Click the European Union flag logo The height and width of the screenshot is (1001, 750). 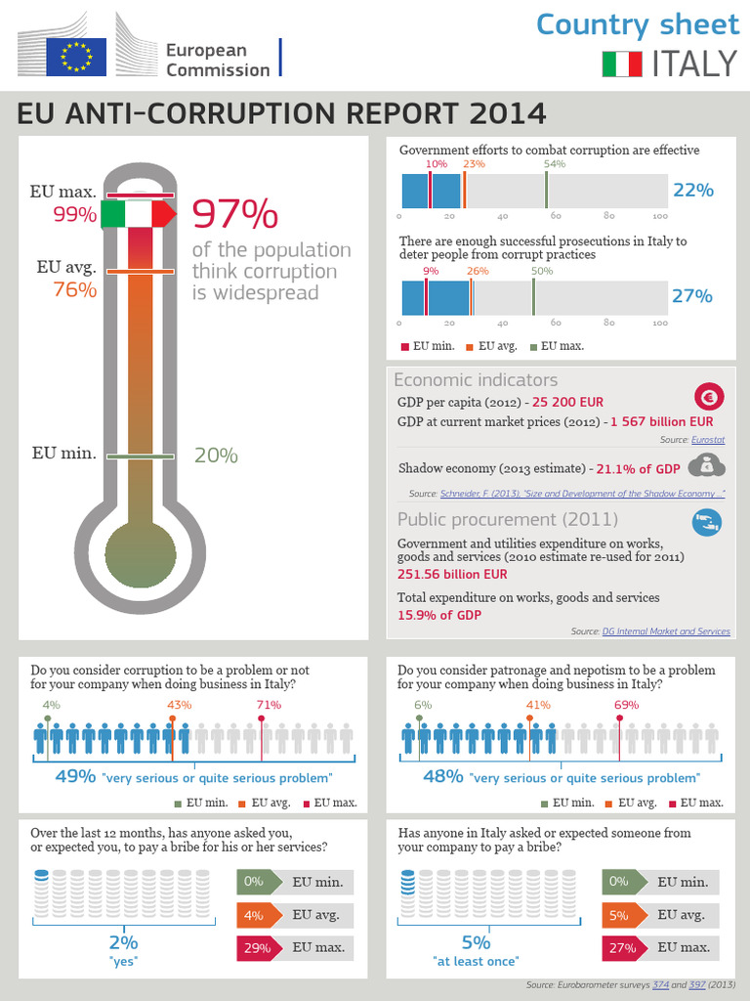tap(77, 56)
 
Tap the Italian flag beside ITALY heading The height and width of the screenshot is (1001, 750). tap(621, 65)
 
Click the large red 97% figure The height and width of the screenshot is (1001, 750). tap(234, 213)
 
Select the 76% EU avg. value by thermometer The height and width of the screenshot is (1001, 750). tap(75, 289)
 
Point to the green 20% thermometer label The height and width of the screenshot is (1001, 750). tap(216, 455)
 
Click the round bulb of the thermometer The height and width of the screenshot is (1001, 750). tap(141, 553)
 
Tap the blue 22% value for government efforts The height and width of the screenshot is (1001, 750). tap(692, 190)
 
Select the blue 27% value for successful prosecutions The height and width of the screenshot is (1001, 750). tap(692, 295)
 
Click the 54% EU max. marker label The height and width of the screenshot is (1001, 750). tap(555, 164)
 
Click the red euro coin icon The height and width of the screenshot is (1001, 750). tap(708, 397)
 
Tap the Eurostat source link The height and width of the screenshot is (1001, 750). tap(710, 441)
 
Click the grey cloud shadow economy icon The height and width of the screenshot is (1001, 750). tap(706, 466)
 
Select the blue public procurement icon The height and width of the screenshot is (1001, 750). tap(706, 523)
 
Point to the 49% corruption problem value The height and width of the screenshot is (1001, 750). tap(74, 777)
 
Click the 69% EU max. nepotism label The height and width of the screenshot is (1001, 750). tap(626, 704)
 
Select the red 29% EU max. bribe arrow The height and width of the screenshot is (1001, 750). tap(259, 948)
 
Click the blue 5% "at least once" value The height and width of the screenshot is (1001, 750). tap(476, 942)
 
